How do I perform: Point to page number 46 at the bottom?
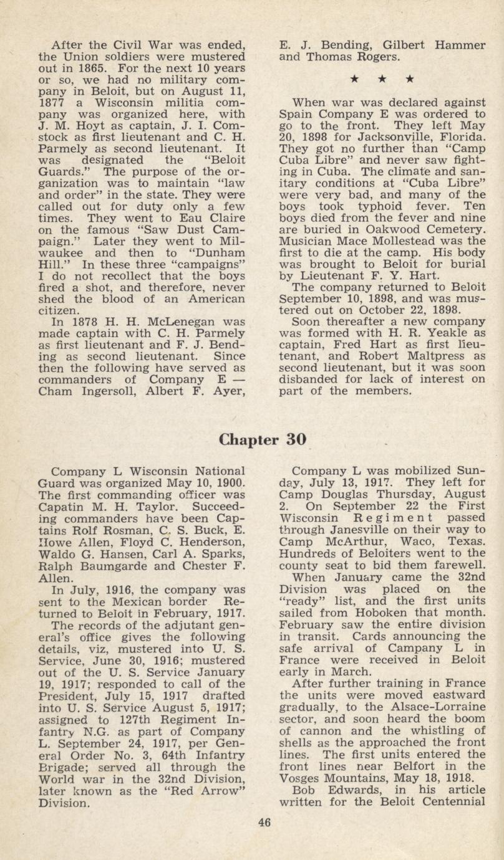pos(264,822)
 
